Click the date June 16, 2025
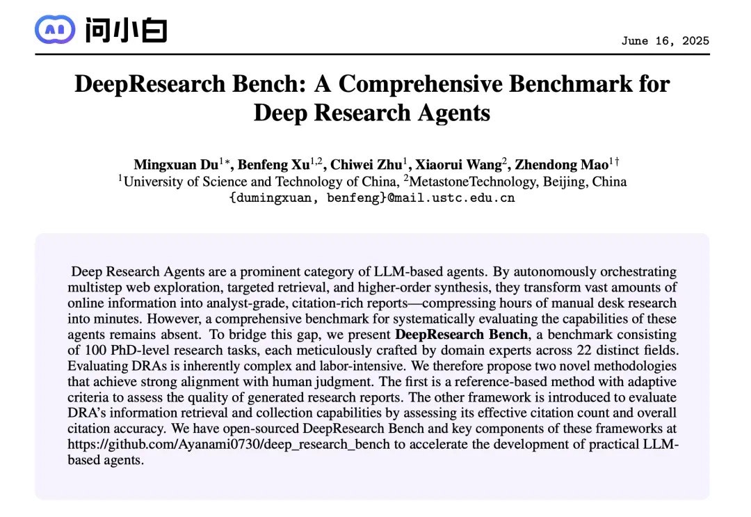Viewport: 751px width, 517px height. [x=665, y=40]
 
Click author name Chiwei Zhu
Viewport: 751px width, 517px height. [x=365, y=165]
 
